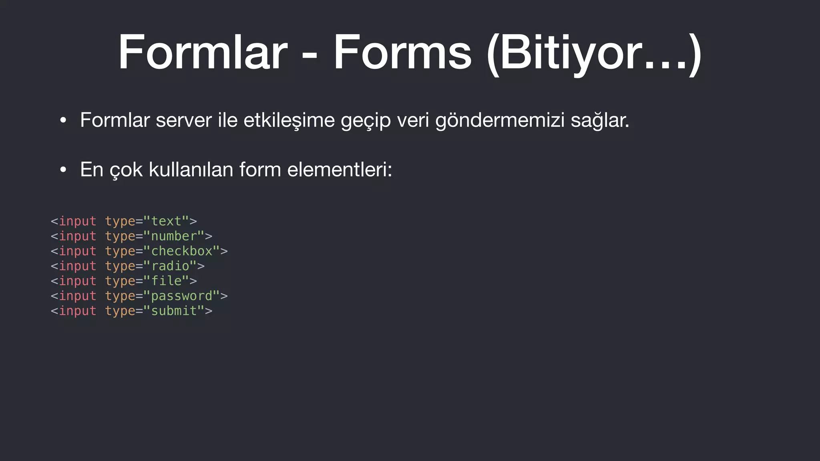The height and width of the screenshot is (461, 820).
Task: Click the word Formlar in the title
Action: [203, 52]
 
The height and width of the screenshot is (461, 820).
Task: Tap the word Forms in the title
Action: [402, 52]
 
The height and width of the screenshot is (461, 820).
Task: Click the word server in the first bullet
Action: [184, 120]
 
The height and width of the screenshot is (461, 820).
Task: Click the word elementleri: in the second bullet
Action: [340, 169]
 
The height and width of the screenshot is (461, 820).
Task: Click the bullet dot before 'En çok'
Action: [63, 170]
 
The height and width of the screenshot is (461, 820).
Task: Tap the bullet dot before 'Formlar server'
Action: [63, 121]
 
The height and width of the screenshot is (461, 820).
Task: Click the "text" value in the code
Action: [166, 221]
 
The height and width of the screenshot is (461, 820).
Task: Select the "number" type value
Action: [173, 236]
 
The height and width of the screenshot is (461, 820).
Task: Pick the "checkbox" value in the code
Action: [181, 251]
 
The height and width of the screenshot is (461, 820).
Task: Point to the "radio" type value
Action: [170, 266]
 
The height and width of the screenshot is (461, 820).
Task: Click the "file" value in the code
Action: [166, 281]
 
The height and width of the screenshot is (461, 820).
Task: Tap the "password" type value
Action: [181, 296]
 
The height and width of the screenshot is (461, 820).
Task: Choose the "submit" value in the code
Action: [173, 311]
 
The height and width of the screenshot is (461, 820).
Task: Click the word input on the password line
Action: [78, 296]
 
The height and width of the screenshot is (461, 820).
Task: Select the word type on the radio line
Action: [120, 266]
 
